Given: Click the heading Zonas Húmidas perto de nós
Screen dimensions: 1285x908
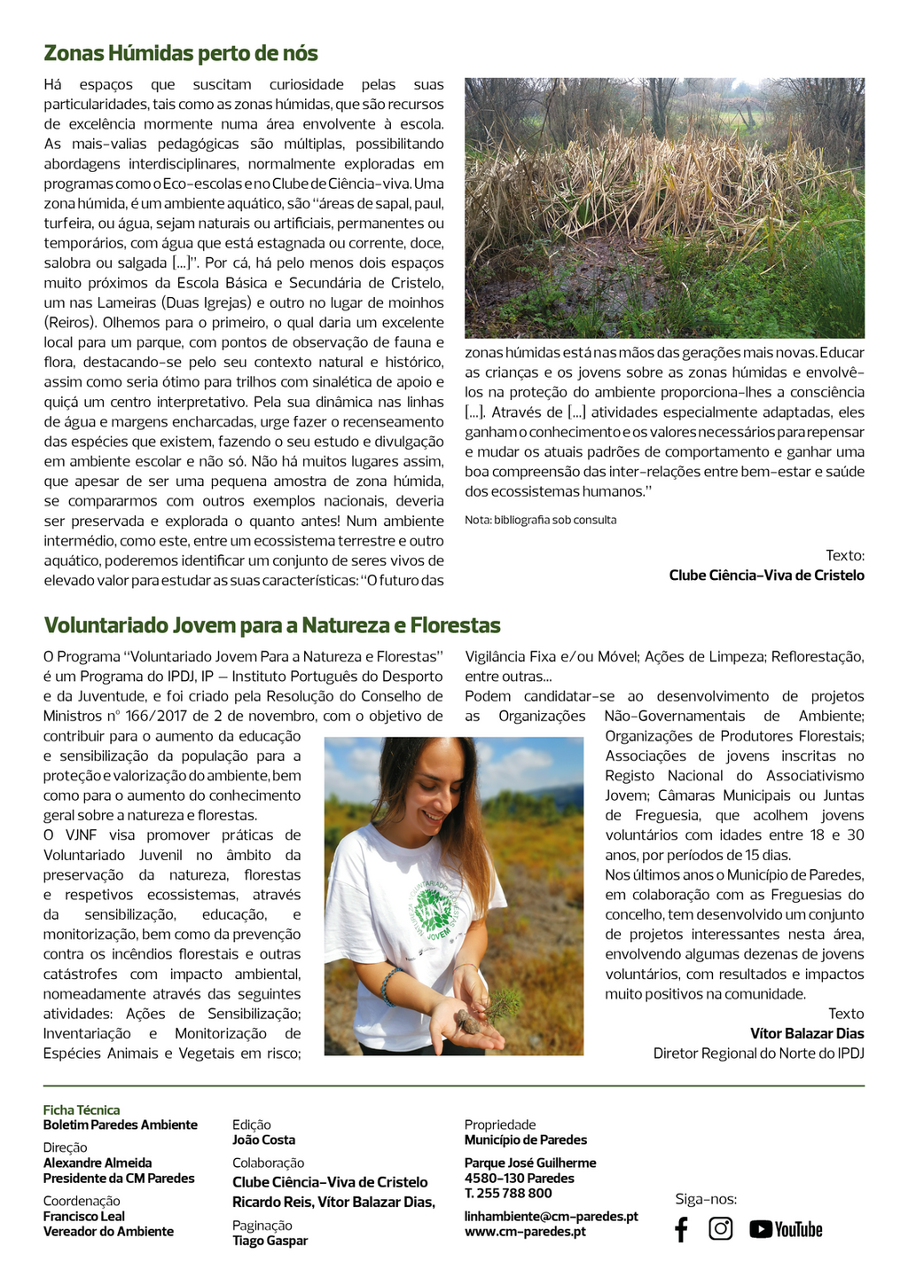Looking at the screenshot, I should click(181, 53).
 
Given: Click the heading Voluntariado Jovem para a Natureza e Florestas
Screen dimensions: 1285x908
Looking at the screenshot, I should click(272, 625).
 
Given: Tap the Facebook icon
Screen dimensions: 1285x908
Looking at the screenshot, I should click(681, 1229).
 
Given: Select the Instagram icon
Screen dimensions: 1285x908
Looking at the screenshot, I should click(721, 1228).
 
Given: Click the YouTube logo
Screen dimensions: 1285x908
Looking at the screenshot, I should click(786, 1229).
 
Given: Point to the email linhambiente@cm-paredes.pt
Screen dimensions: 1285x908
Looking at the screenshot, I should click(551, 1217).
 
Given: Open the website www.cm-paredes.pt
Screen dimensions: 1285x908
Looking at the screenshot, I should click(525, 1232).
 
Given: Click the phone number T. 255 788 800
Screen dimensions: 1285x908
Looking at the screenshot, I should click(508, 1193).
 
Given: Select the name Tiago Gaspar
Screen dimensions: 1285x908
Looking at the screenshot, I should click(270, 1241).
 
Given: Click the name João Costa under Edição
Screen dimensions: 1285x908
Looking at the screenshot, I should click(263, 1140).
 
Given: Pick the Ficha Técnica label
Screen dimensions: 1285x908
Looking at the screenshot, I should click(82, 1109).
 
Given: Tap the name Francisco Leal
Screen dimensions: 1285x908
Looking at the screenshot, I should click(84, 1217).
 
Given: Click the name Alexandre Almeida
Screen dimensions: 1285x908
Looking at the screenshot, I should click(98, 1163).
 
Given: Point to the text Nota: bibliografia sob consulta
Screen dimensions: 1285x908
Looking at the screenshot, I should click(540, 520).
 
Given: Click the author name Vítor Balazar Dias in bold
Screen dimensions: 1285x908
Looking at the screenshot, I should click(806, 1033).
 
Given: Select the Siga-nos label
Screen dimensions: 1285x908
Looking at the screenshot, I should click(706, 1199).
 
